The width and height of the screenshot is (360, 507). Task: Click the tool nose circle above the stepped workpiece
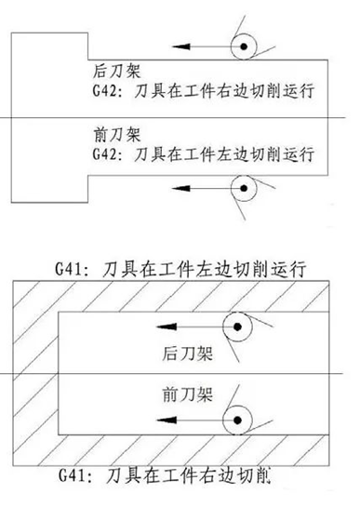click(245, 44)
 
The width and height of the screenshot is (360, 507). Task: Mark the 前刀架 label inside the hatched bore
click(176, 394)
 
